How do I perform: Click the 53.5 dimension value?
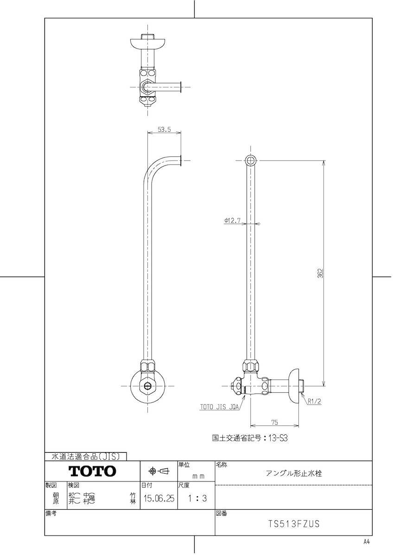(164, 130)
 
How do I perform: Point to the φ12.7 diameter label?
(232, 221)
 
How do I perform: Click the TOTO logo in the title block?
(92, 471)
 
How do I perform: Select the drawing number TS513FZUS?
(294, 524)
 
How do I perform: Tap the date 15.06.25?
(159, 499)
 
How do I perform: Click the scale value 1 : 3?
(197, 499)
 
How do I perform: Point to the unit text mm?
(198, 475)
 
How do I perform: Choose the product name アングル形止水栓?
(294, 473)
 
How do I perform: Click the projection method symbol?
(158, 471)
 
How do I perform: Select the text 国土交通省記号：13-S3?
(250, 437)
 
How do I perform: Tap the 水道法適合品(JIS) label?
(83, 456)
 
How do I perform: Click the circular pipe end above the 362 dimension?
(250, 160)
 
